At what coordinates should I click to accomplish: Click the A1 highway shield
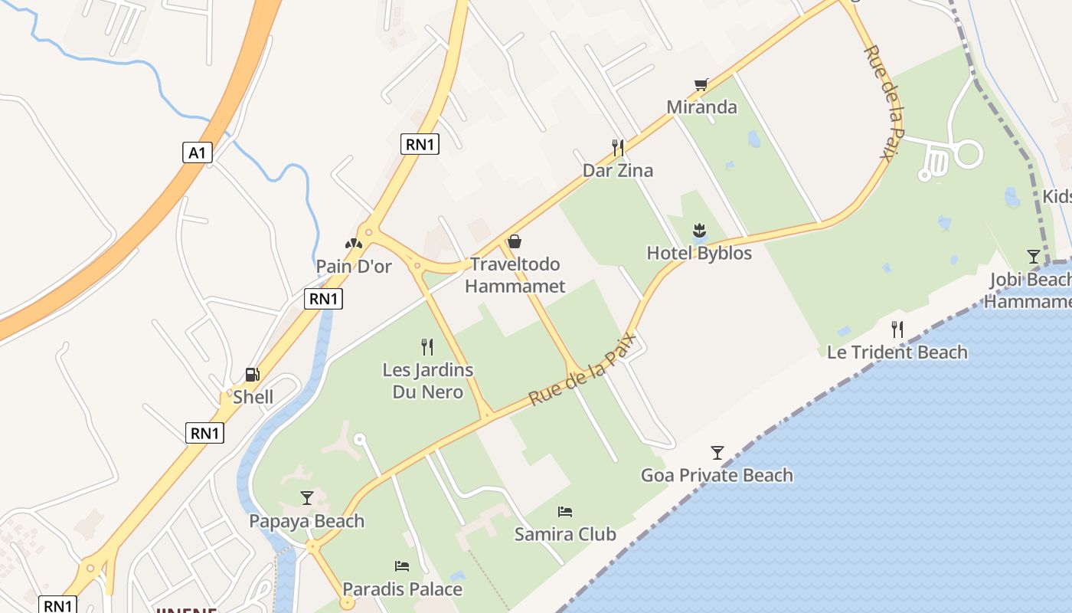pos(197,152)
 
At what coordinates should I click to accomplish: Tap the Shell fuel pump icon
pos(252,375)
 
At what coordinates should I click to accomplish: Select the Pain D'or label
pos(354,267)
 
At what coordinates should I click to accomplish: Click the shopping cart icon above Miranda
pos(701,84)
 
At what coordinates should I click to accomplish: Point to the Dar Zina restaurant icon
pos(618,147)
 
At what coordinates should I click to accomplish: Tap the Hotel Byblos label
pos(699,253)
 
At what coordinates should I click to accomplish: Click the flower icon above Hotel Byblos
pos(699,230)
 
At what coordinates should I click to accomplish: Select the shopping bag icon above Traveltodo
pos(515,241)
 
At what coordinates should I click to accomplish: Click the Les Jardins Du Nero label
pos(427,381)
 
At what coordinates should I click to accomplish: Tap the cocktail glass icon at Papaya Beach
pos(307,498)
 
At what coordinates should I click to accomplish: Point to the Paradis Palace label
pos(402,589)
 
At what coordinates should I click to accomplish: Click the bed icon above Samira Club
pos(565,511)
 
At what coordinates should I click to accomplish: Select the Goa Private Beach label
pos(717,475)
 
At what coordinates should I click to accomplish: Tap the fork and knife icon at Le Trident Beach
pos(897,329)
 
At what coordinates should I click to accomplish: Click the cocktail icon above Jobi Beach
pos(1034,256)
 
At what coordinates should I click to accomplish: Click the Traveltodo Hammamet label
pos(515,275)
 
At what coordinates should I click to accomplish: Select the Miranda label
pos(701,107)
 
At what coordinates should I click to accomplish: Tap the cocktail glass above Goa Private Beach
pos(717,452)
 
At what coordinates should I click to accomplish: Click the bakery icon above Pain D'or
pos(353,244)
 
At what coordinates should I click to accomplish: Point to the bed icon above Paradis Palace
pos(402,566)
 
